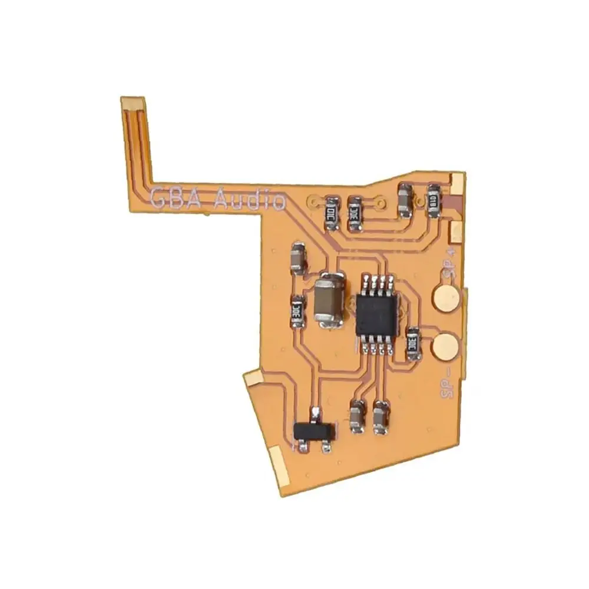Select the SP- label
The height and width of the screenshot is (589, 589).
click(446, 385)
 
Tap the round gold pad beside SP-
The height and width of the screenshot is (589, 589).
click(446, 346)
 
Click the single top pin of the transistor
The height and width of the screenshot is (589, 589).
click(316, 412)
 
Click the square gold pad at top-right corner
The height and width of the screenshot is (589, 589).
click(457, 183)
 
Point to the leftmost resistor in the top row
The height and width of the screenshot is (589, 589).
click(332, 213)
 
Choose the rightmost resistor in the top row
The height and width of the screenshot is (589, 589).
click(434, 200)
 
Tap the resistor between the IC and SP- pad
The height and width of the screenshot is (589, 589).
click(413, 344)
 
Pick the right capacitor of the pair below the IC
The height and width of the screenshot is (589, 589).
click(380, 417)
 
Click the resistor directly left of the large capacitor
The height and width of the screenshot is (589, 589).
click(297, 311)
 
